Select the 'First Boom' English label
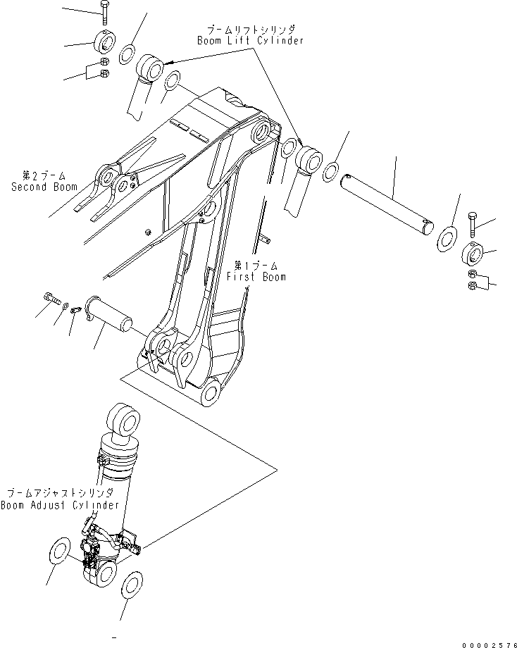pyautogui.click(x=256, y=277)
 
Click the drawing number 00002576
pyautogui.click(x=487, y=637)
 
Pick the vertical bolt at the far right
pyautogui.click(x=472, y=223)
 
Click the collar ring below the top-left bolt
pyautogui.click(x=104, y=44)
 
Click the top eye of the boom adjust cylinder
pyautogui.click(x=124, y=424)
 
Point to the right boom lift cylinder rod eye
pyautogui.click(x=308, y=158)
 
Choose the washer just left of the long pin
pyautogui.click(x=331, y=172)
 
